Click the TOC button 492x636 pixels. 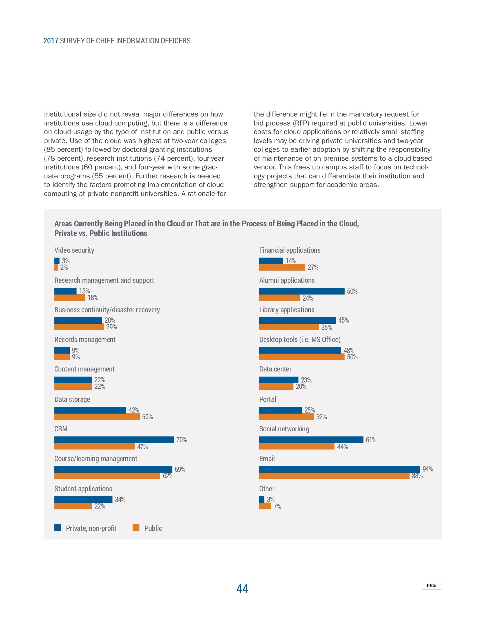point(431,586)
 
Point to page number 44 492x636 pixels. point(242,588)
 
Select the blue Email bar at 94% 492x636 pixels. point(339,469)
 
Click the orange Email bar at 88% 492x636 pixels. point(334,476)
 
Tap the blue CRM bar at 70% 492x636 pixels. point(114,440)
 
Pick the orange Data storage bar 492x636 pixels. point(97,417)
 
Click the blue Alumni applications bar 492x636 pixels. point(302,291)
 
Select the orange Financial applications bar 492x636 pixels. point(282,267)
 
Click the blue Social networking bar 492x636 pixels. point(311,440)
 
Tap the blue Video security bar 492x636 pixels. point(57,261)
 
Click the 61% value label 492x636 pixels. point(371,440)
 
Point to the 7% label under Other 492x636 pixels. point(277,506)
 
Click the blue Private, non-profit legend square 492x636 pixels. point(58,528)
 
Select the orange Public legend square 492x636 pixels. point(136,528)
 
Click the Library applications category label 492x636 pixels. point(287,310)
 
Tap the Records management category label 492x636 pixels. point(85,340)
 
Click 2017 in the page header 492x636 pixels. point(51,41)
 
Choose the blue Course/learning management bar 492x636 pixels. point(113,469)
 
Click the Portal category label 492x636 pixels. point(268,399)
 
